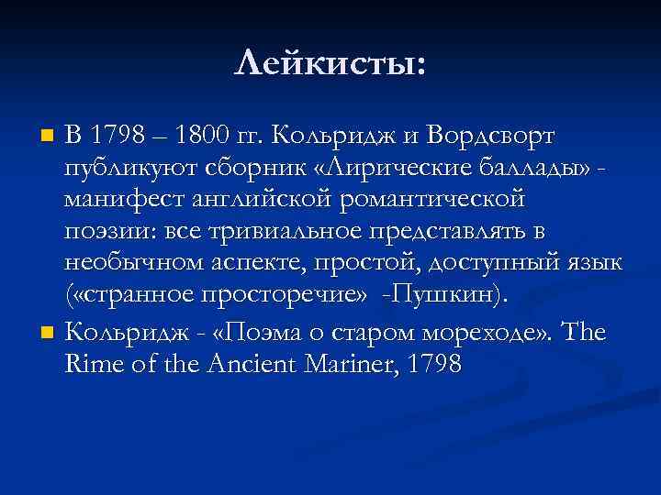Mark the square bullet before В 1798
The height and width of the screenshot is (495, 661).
(x=50, y=137)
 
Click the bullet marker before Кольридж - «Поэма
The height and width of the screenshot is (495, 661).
(x=50, y=331)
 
